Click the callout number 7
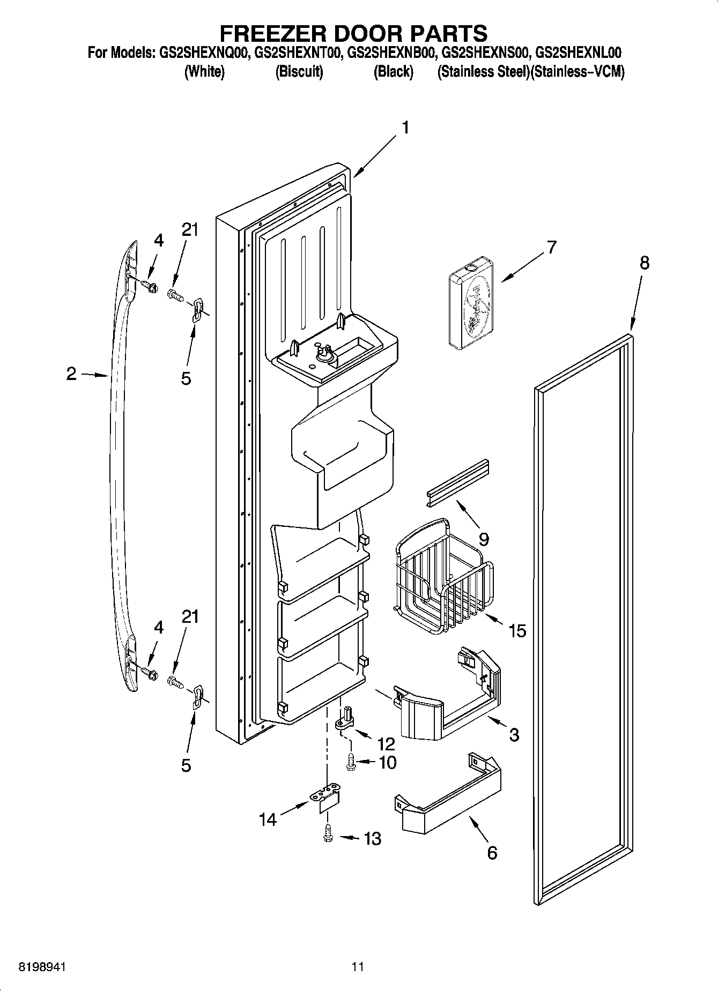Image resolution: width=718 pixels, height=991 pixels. pyautogui.click(x=551, y=248)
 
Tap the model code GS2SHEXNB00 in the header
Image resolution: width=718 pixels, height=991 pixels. pyautogui.click(x=390, y=53)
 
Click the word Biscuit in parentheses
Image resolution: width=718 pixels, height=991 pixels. pyautogui.click(x=299, y=72)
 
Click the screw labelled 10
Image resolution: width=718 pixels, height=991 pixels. pyautogui.click(x=351, y=762)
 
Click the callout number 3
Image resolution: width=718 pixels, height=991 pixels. pyautogui.click(x=514, y=734)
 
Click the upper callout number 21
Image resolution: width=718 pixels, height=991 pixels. pyautogui.click(x=190, y=230)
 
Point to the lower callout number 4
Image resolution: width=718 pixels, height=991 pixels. pyautogui.click(x=158, y=627)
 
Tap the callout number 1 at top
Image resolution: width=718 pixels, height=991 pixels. pyautogui.click(x=405, y=128)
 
